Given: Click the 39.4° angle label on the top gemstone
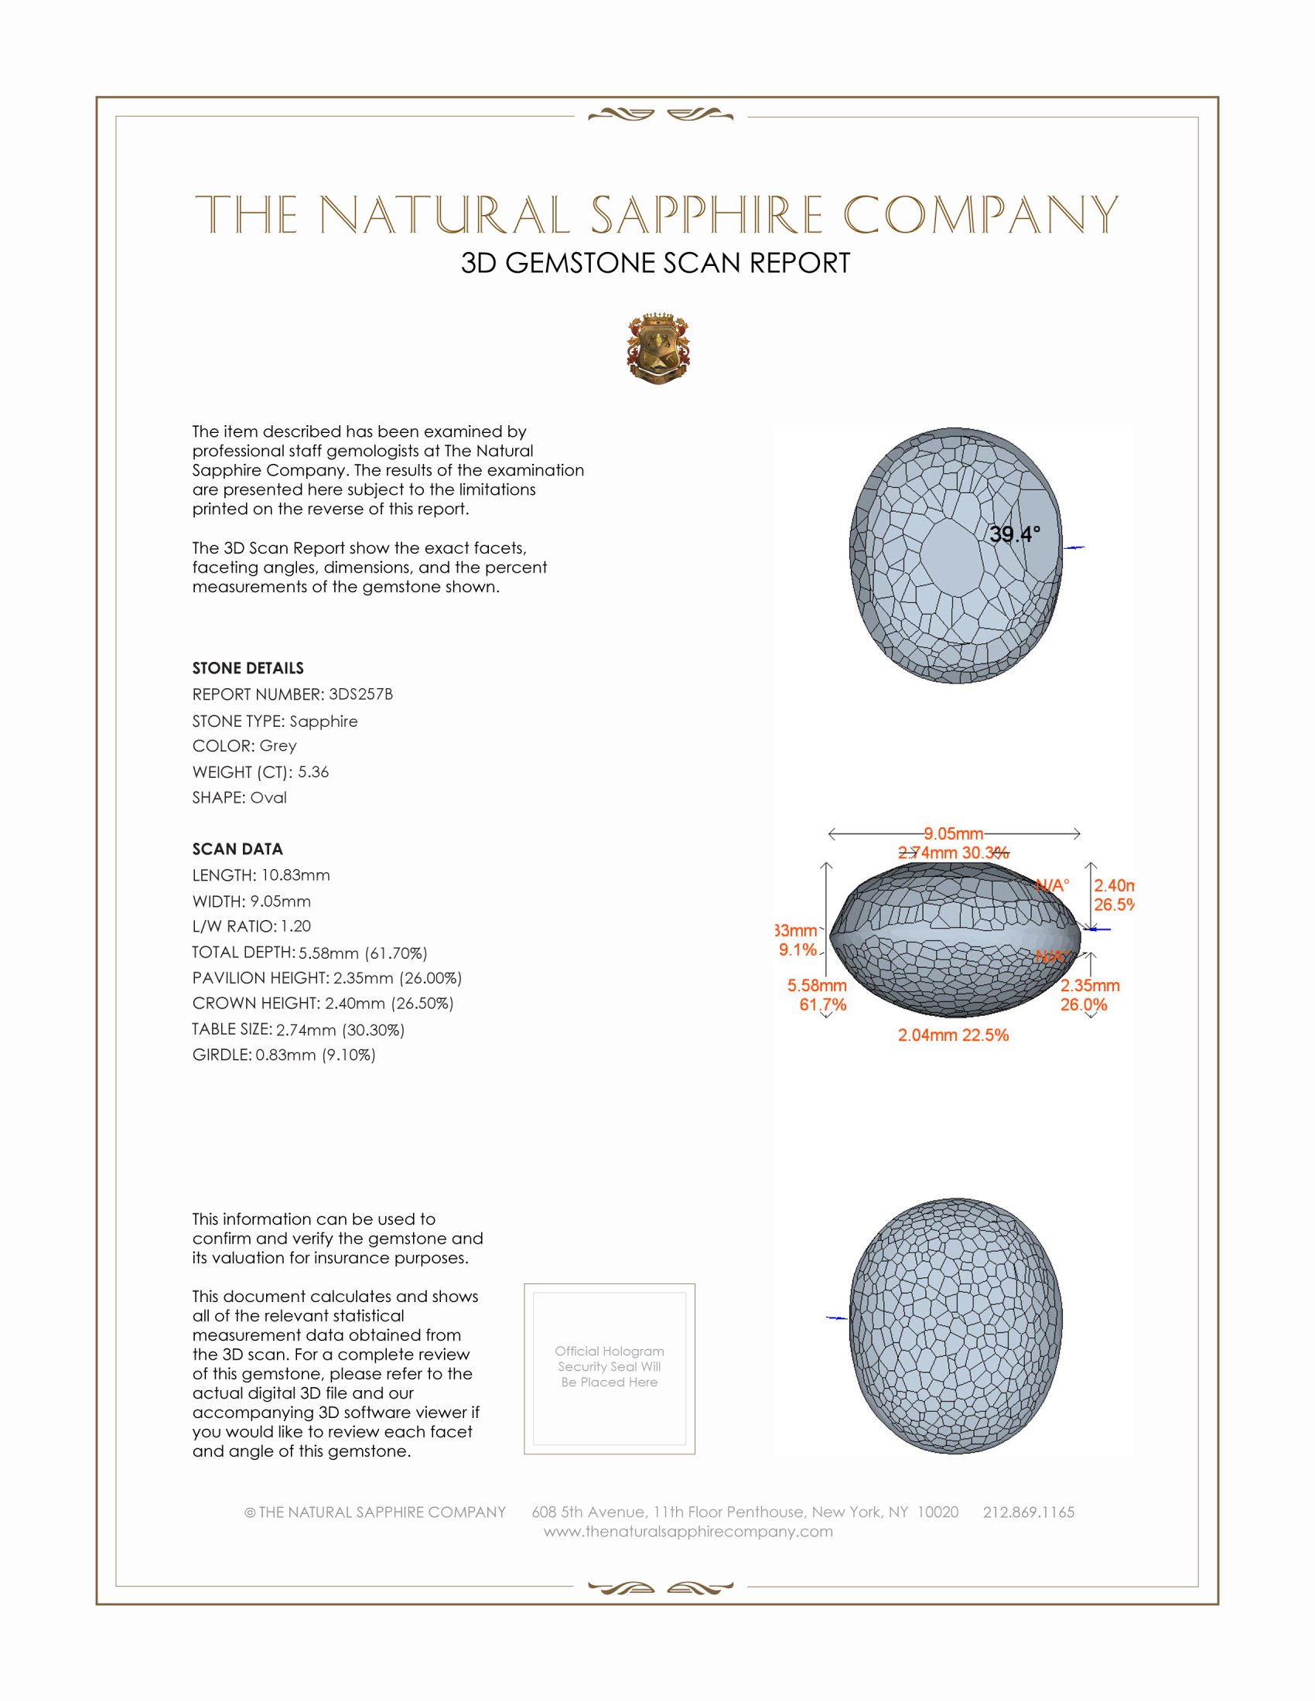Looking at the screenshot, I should [x=1014, y=534].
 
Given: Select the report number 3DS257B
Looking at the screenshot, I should [x=360, y=694].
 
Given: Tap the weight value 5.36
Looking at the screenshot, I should [x=313, y=772].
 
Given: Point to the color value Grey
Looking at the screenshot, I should [x=278, y=745].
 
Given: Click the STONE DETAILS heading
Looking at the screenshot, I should [x=248, y=668].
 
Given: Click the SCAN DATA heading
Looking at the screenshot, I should [x=237, y=849].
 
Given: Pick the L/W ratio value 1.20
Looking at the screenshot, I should [x=296, y=926].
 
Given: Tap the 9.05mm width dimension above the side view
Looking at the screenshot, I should [x=953, y=833].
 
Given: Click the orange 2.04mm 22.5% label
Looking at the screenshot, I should [x=953, y=1035].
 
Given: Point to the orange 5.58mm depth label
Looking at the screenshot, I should [x=816, y=985].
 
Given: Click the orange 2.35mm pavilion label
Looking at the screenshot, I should [x=1090, y=985].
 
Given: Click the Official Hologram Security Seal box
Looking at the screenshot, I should [x=610, y=1369].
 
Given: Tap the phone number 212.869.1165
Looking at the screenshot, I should [x=1028, y=1512].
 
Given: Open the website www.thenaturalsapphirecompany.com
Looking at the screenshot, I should [x=688, y=1531].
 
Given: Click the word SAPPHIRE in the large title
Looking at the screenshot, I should [x=705, y=215].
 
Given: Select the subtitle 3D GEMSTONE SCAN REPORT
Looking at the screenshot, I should [x=655, y=263].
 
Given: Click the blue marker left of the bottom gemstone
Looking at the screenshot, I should [x=836, y=1318].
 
